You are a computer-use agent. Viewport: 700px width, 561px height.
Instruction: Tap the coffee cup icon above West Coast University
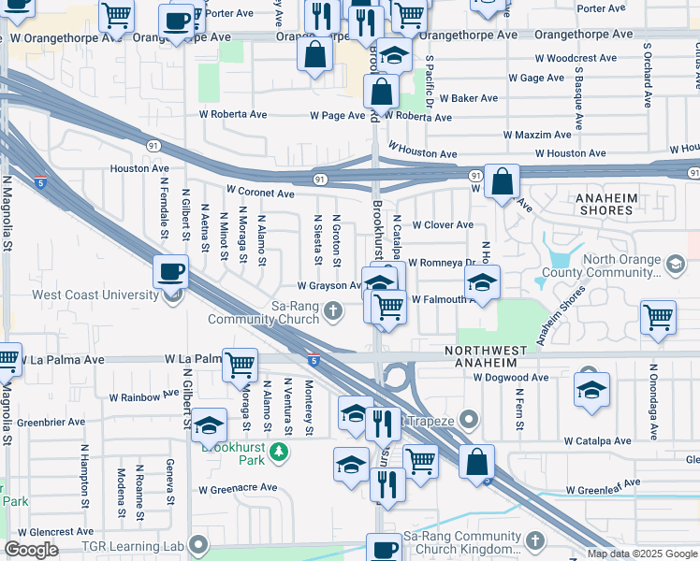(172, 273)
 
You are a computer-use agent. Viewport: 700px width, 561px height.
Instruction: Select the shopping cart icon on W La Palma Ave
(241, 364)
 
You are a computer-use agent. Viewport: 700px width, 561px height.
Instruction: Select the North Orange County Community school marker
(675, 266)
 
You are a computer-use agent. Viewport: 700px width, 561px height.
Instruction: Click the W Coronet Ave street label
(260, 193)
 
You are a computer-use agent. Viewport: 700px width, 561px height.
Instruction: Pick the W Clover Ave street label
(442, 225)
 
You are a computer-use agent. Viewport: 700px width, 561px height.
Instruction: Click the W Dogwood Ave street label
(510, 378)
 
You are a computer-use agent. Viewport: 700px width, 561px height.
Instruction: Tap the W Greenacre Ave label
(238, 488)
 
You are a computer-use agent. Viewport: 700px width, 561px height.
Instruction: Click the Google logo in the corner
(31, 550)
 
